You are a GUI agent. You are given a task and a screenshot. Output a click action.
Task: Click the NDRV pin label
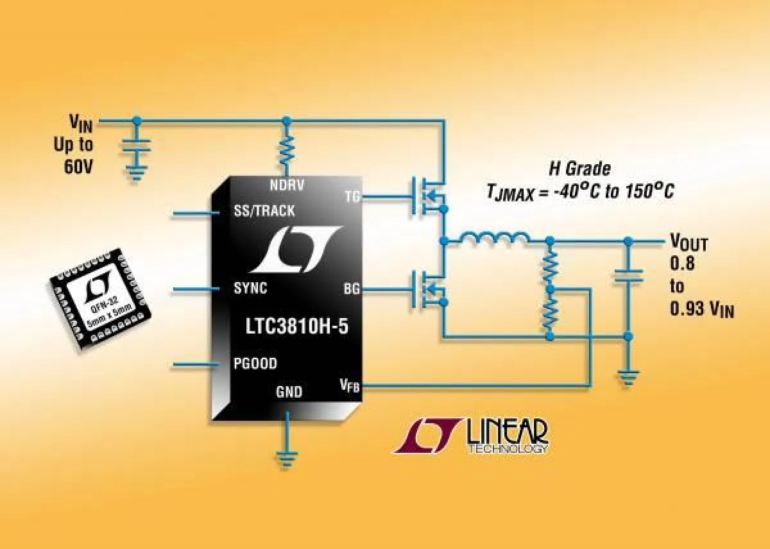point(287,185)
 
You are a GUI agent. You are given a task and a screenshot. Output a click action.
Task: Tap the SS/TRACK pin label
point(264,211)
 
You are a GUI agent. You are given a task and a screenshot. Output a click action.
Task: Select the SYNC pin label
point(250,289)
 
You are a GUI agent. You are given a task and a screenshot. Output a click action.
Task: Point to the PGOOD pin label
point(255,364)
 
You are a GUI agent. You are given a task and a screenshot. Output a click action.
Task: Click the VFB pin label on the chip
point(349,385)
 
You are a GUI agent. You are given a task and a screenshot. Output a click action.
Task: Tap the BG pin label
point(352,289)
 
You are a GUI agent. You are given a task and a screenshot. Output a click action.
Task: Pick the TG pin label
point(352,197)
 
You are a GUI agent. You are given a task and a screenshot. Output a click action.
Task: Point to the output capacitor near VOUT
point(628,276)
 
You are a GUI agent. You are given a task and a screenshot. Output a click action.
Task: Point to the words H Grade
point(579,169)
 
